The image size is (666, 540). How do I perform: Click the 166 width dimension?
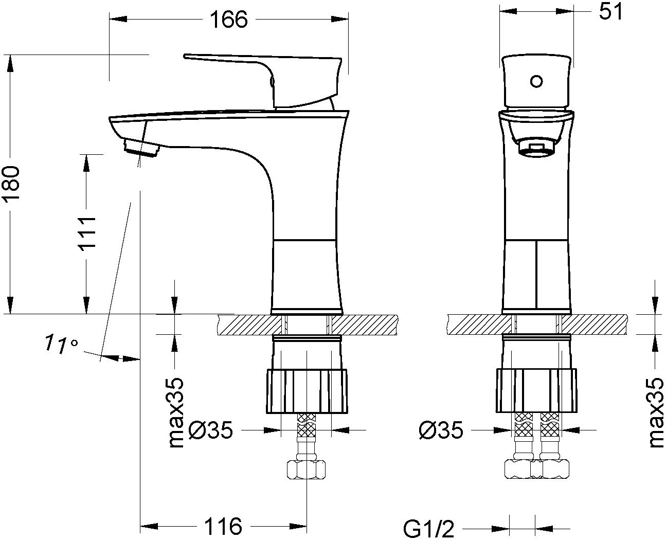tap(228, 20)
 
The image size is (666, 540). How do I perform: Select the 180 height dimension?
tap(11, 185)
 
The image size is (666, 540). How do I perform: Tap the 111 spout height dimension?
tap(87, 234)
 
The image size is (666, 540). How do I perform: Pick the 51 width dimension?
tap(611, 12)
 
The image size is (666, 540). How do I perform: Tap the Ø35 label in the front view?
tap(440, 430)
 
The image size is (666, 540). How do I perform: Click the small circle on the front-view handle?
tap(536, 81)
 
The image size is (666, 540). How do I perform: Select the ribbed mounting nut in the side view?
tap(307, 390)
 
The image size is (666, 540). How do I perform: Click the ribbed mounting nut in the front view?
tap(536, 390)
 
